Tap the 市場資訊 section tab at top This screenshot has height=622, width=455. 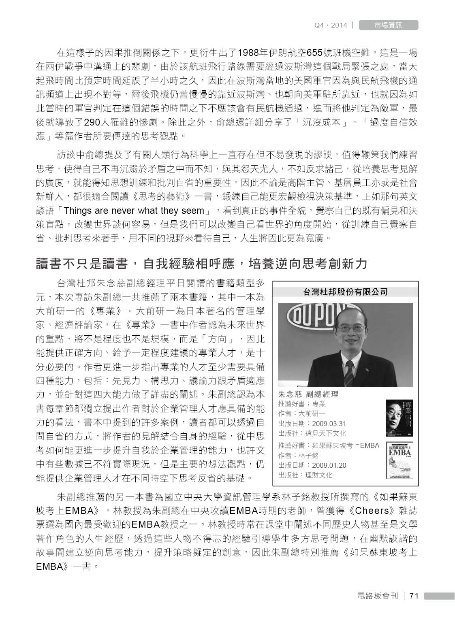(388, 25)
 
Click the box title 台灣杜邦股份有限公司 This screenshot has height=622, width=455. (345, 292)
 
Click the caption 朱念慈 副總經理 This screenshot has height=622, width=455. (308, 394)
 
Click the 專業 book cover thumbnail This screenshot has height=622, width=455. (399, 418)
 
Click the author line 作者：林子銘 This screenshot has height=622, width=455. (299, 456)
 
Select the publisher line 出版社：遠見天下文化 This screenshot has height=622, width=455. (312, 433)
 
